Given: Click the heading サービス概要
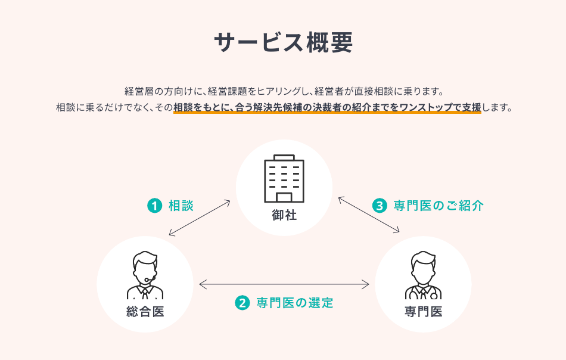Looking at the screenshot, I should pos(283,42).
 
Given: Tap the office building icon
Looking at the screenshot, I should pos(284,178).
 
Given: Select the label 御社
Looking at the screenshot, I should pos(284,215).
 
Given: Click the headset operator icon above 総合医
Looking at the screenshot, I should pos(145,275).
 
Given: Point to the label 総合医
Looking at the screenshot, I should pos(145,311).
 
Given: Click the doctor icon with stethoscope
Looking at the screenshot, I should pos(423,275).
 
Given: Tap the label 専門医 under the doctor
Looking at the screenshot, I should pos(423,311).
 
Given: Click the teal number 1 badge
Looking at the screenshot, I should pos(154,206).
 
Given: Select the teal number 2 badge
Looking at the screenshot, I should pos(242,303).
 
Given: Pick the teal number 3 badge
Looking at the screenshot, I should pos(380,206).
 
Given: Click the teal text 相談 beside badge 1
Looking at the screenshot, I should pos(181,206).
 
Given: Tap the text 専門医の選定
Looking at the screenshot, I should pos(295,303).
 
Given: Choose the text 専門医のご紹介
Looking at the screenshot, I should pos(439,206).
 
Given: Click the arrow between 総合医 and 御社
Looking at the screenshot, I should pos(200,218).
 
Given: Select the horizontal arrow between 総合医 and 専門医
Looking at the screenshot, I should pos(284,284).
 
